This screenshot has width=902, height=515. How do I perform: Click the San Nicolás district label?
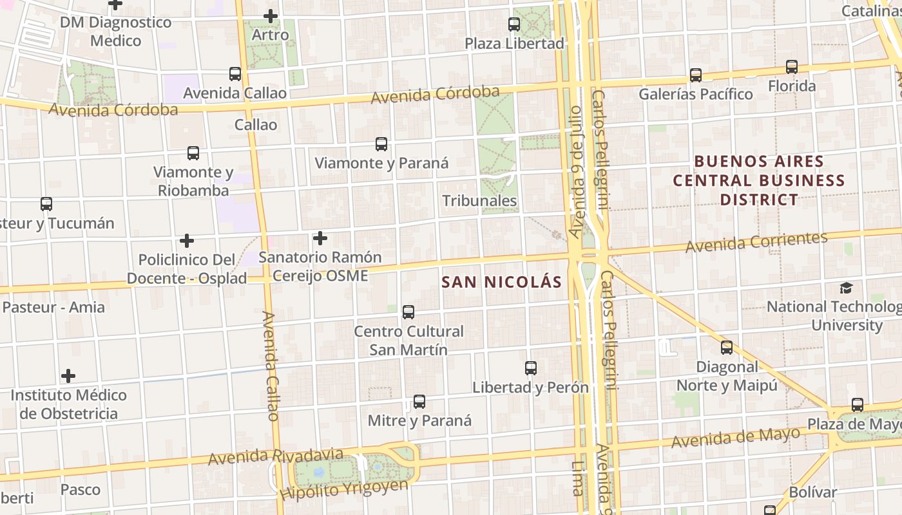point(502,281)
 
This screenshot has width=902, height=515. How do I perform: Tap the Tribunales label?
point(479,201)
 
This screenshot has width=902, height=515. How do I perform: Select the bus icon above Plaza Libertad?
point(514,24)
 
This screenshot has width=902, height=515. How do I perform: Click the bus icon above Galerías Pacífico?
point(696,75)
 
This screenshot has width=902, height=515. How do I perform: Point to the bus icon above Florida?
point(792,66)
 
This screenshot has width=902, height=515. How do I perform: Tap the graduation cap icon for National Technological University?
point(846,288)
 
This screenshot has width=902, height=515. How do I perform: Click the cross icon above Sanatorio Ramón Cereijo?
point(320,238)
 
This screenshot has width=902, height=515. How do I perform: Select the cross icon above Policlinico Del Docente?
point(187,241)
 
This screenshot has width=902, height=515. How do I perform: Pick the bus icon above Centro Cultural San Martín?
point(408,312)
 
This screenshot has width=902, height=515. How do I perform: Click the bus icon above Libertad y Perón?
point(531,368)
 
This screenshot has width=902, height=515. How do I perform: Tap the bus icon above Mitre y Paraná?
point(419,402)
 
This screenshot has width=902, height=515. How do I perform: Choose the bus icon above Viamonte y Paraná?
point(381,144)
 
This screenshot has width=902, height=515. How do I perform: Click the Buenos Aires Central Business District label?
point(759,180)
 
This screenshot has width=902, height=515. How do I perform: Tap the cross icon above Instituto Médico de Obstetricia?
point(68,376)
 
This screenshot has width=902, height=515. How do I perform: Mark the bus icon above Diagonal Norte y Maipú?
point(727,348)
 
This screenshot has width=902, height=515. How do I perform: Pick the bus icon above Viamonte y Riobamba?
point(193,153)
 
